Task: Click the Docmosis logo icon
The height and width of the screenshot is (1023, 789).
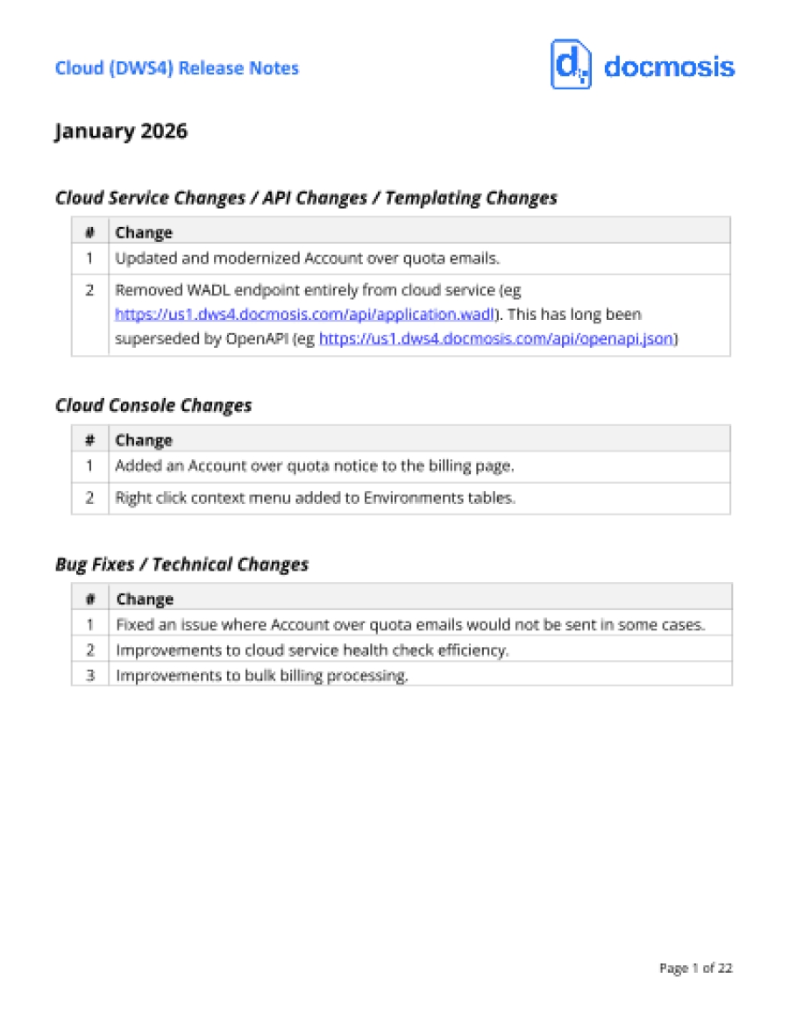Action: [x=571, y=65]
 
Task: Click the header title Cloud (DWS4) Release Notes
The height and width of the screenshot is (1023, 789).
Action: [x=177, y=68]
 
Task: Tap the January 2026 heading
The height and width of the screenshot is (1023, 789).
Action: [x=121, y=131]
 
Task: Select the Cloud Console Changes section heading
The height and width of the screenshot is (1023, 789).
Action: [x=153, y=406]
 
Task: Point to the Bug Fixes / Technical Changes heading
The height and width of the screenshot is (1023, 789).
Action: [x=181, y=565]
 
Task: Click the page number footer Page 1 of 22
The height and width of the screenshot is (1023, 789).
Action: [x=695, y=969]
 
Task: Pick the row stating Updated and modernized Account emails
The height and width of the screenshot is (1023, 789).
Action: [x=307, y=259]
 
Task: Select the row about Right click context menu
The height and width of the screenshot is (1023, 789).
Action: [x=315, y=498]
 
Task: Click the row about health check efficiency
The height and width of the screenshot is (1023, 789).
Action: [x=312, y=650]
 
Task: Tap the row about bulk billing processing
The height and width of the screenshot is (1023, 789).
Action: [x=262, y=676]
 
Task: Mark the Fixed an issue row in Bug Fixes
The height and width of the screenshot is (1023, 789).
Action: [x=410, y=625]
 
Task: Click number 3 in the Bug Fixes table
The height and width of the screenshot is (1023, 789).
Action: [x=89, y=676]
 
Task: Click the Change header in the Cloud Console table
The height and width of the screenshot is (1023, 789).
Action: [x=144, y=440]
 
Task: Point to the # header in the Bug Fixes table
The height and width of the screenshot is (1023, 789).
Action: [x=89, y=600]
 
